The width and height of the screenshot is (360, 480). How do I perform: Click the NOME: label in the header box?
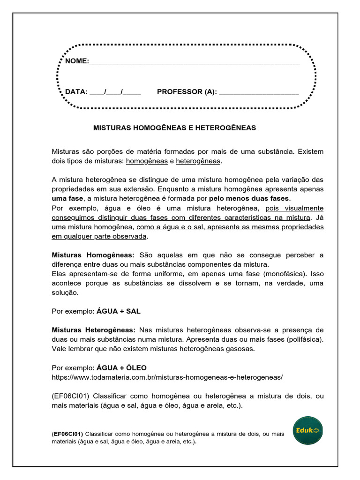coord(76,61)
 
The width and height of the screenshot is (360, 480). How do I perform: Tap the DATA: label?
coord(76,91)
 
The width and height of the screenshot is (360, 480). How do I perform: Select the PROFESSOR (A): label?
coord(187,91)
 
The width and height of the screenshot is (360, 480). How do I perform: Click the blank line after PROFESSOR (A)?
coord(259,92)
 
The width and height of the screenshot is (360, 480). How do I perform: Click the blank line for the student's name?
coord(194,62)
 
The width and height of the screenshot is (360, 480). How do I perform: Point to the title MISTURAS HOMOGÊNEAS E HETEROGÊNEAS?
coord(174,127)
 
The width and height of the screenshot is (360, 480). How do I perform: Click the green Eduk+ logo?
coord(308,430)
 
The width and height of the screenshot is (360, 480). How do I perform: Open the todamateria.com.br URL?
coord(167,377)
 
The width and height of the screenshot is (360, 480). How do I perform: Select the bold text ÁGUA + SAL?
coord(118,311)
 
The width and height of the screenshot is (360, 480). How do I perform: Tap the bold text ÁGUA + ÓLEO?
coord(121,367)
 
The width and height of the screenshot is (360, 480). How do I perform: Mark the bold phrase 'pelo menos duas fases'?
coord(249,198)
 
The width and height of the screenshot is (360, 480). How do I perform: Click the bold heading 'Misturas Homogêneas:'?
coord(93,255)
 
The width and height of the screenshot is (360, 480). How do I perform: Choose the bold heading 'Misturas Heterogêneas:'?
coord(93,330)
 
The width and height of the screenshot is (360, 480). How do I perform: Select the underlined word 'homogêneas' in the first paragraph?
coord(147,161)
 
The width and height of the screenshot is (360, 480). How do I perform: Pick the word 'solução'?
coord(65,292)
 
